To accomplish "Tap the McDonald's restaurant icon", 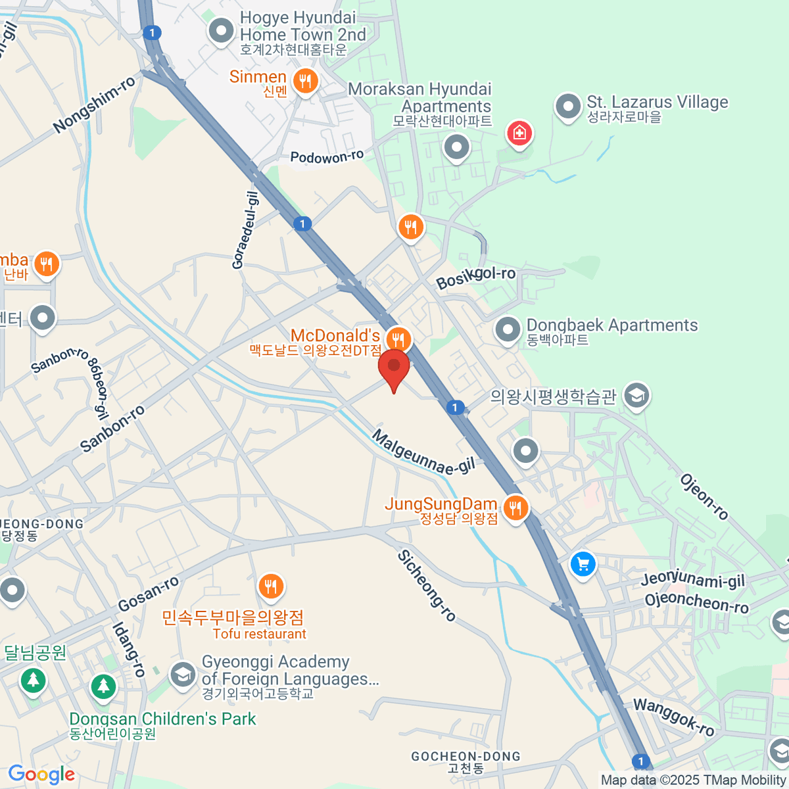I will pos(398,339).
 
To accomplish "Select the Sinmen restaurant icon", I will pos(304,82).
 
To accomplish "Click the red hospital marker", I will pos(519,133).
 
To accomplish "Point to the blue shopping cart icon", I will pos(582,564).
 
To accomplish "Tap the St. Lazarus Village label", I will pos(657,103).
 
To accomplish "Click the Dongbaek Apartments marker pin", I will pos(508,329).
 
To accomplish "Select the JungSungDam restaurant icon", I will pos(516,508).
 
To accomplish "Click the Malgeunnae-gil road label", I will pos(423,452).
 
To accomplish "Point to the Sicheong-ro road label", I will pos(427,586).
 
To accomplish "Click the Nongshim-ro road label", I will pos(95,104).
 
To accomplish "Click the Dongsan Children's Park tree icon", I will pos(103,686).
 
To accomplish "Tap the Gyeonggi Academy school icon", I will pos(182,673).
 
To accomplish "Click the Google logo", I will pos(41,775).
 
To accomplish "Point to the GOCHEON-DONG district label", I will pos(466,757).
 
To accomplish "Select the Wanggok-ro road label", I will pos(673,717).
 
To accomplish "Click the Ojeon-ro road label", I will pos(704,497).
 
